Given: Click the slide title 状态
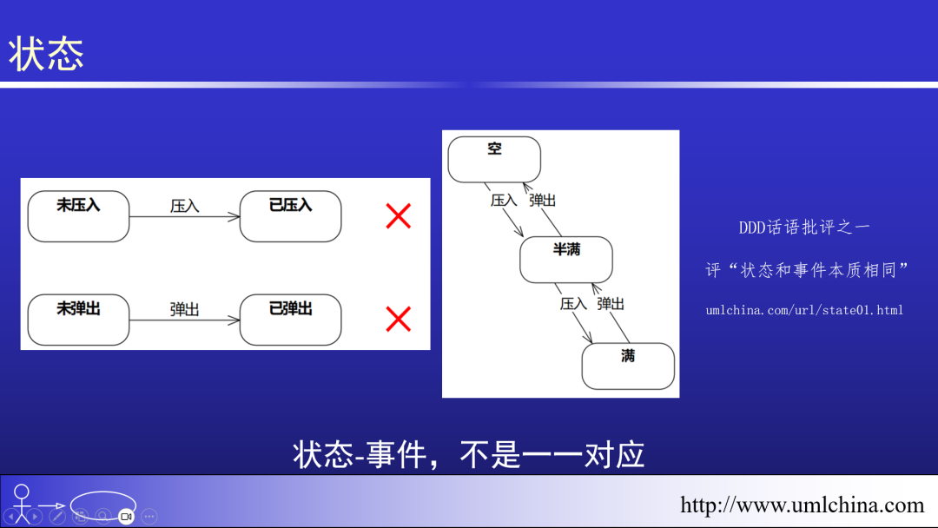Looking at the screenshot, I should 47,54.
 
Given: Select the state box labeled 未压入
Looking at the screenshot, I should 78,216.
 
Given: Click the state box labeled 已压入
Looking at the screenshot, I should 290,216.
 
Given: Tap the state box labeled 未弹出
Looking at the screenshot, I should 78,320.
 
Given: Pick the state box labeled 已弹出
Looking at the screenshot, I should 290,320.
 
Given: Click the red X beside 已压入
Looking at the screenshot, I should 398,216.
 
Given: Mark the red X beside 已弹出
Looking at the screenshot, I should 398,320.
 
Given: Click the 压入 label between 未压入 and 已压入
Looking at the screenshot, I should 184,206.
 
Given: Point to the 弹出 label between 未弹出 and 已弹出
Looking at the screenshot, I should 184,309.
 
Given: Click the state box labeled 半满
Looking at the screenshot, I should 566,260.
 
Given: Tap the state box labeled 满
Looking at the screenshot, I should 628,366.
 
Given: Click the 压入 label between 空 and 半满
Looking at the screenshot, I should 504,200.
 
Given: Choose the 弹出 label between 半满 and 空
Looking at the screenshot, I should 543,200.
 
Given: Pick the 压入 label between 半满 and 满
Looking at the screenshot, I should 574,304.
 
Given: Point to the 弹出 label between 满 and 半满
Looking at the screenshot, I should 611,304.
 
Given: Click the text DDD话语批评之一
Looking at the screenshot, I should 804,228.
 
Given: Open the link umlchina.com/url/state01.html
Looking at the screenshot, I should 804,310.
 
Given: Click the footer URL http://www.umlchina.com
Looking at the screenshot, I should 802,505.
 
